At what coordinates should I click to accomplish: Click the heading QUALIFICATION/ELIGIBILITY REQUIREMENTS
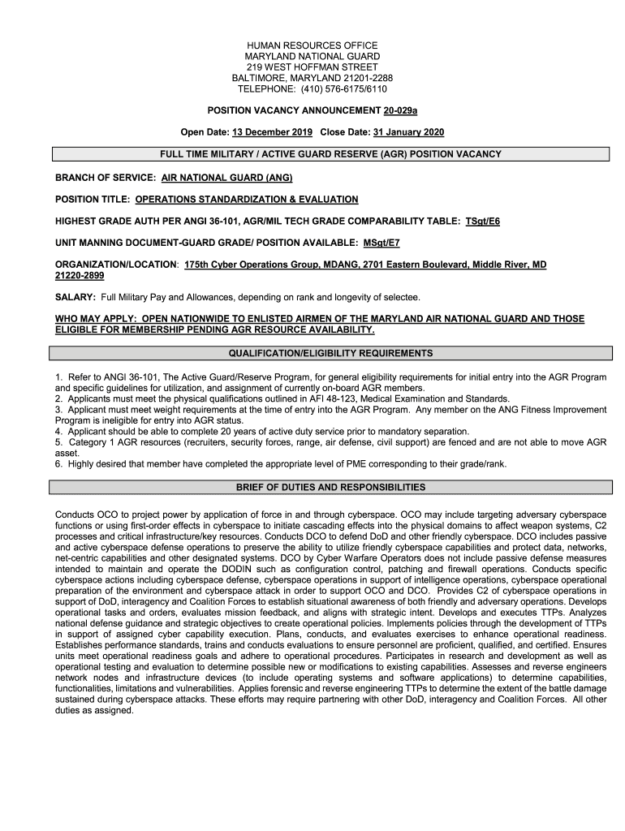[x=330, y=353]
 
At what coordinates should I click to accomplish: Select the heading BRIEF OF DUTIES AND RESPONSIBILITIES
[x=330, y=488]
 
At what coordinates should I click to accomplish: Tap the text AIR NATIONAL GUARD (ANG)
[x=226, y=177]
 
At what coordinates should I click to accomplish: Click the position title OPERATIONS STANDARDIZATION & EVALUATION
[x=247, y=199]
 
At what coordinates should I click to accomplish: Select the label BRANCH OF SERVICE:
[x=106, y=177]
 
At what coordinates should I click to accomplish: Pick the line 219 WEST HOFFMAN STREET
[x=312, y=67]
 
